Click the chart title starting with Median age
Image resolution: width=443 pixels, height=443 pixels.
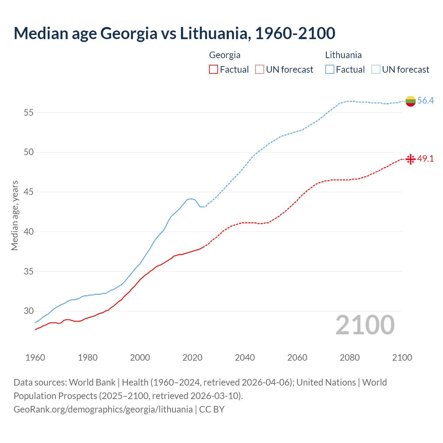point(174,33)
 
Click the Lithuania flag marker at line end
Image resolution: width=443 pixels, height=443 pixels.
point(410,101)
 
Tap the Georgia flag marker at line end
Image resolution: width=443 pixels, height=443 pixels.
point(410,159)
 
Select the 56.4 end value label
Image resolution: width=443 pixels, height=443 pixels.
point(425,101)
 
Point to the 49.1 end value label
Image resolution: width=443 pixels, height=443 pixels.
point(425,159)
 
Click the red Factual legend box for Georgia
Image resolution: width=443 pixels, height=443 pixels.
point(214,70)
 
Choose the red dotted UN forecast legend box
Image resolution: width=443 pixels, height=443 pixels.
point(260,70)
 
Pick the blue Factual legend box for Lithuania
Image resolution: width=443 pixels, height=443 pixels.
point(330,70)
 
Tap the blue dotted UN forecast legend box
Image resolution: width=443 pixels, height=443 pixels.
point(376,70)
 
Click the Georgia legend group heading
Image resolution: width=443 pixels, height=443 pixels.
point(225,55)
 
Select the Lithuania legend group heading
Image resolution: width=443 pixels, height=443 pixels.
point(343,55)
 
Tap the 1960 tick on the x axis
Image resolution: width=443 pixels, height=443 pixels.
point(35,358)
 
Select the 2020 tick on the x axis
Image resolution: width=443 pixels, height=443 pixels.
point(192,358)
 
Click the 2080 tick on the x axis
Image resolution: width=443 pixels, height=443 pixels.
point(350,358)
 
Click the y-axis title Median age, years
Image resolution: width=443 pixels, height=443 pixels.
point(15,215)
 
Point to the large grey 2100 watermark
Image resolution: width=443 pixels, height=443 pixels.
point(365,325)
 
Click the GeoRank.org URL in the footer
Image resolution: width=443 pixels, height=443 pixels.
point(103,409)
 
